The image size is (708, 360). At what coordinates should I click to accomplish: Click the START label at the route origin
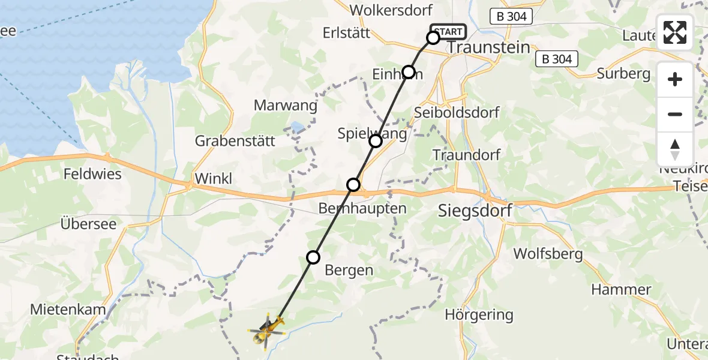click(448, 32)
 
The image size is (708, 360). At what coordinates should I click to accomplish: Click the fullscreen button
click(675, 32)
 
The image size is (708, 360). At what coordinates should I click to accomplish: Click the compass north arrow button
click(675, 149)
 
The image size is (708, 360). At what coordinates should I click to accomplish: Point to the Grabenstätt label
click(235, 142)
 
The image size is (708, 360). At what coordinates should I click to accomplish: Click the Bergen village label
click(349, 270)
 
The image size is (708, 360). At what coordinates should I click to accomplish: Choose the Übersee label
click(88, 223)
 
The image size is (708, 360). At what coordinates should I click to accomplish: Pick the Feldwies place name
click(93, 175)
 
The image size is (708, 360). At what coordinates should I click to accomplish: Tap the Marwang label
click(285, 106)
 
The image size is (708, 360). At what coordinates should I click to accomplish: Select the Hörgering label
click(479, 314)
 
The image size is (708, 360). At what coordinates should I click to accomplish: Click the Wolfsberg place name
click(548, 254)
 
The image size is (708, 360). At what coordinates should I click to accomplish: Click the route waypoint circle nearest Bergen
click(313, 257)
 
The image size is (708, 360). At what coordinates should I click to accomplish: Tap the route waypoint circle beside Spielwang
click(375, 141)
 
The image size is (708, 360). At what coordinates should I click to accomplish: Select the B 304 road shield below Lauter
click(557, 59)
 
